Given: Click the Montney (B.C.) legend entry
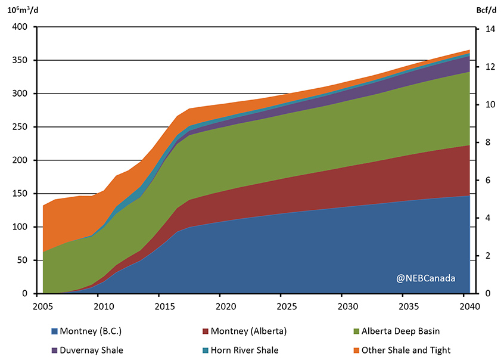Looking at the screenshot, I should (x=92, y=331).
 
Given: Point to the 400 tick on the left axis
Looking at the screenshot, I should (x=20, y=27).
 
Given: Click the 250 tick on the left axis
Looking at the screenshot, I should (x=20, y=127).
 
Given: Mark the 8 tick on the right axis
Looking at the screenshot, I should (x=484, y=142).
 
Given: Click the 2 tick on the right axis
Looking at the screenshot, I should (x=484, y=256).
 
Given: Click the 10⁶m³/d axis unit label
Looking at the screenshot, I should (x=23, y=10).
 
